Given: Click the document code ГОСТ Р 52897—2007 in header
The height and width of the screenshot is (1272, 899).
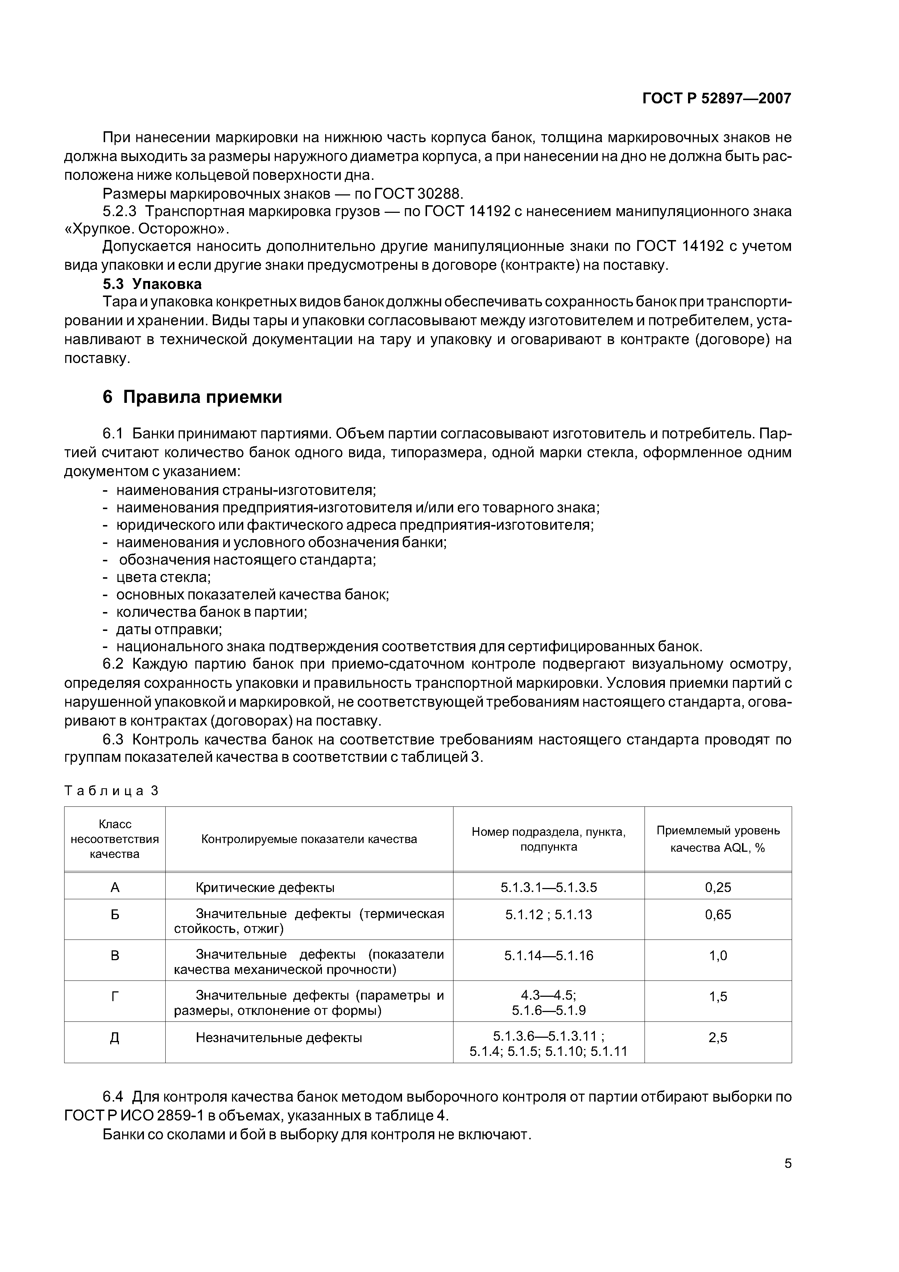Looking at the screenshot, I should pos(716,99).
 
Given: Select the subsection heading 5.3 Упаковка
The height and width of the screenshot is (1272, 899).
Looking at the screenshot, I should pos(152,284).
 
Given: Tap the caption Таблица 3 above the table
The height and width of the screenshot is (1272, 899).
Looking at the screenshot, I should pos(111,790).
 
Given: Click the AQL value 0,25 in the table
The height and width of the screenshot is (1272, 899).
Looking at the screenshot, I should pos(717,888).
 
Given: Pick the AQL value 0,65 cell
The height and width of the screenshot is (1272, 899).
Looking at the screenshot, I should pos(717,915).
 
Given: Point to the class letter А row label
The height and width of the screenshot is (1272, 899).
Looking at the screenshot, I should pos(115,888).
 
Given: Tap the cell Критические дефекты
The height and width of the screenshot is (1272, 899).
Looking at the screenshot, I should pos(265,888).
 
